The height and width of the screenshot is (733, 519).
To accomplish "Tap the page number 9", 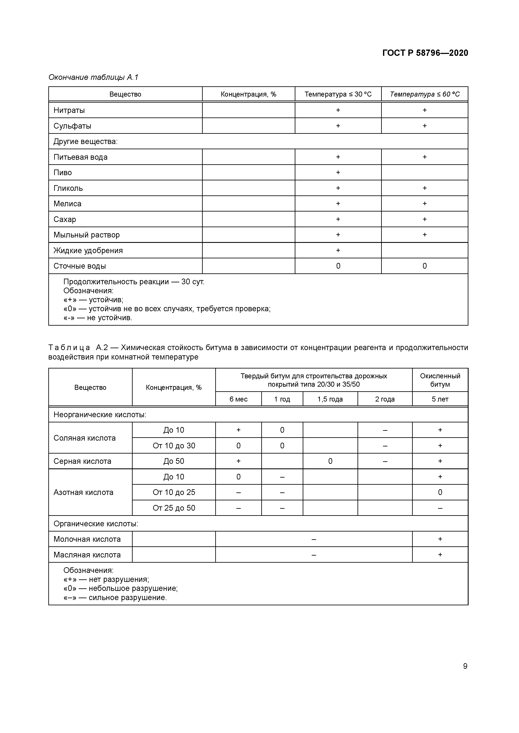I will (x=465, y=666).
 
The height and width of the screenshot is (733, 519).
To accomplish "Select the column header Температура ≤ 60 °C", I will (x=424, y=94).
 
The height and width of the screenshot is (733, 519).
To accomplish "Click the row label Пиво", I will (x=63, y=172).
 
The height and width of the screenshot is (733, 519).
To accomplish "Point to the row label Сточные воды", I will (x=79, y=266).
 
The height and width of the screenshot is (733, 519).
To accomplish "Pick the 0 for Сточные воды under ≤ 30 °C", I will (x=338, y=266).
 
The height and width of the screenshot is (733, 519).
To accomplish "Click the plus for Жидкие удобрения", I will (x=338, y=250).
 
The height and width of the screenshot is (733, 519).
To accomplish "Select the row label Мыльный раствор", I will (x=87, y=235).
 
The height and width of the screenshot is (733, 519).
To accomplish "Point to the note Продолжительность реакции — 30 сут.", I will (x=134, y=282).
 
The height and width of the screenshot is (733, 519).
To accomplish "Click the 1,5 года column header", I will (x=330, y=399).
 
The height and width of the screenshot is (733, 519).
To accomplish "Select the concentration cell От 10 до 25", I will (x=174, y=492).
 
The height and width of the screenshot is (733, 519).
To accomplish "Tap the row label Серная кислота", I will (x=82, y=461).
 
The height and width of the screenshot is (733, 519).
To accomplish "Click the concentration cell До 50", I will (x=174, y=461).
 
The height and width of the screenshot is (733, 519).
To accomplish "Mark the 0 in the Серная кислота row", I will (x=330, y=461).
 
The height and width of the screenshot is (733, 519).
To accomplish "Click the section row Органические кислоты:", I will (x=96, y=524).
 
